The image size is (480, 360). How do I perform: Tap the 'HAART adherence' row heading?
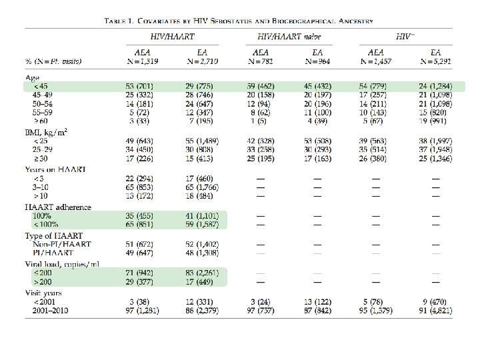pos(53,208)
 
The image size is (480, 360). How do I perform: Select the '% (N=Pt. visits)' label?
pos(52,61)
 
